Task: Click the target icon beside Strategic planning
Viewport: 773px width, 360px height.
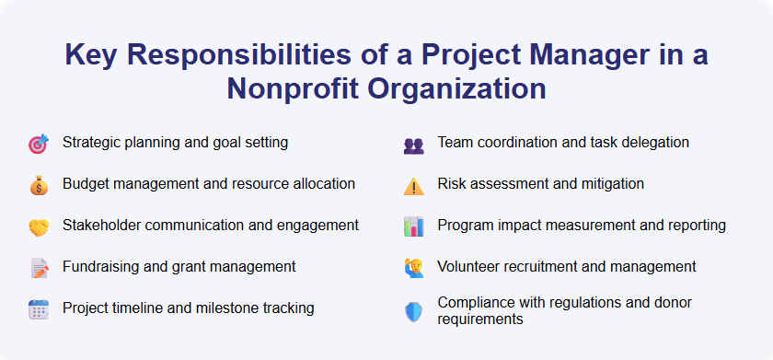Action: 38,144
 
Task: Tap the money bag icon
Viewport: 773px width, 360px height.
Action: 38,185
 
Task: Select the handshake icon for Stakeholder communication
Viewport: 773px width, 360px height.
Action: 38,226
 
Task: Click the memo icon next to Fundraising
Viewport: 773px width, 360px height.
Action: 38,268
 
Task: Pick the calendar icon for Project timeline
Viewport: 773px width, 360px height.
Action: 38,309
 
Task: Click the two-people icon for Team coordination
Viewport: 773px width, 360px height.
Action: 413,145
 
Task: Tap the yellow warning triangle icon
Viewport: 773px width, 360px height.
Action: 413,185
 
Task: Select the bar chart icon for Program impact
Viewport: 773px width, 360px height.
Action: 413,226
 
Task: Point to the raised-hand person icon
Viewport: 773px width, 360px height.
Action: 413,268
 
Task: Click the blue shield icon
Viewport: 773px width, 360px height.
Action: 413,311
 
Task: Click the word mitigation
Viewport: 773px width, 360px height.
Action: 608,183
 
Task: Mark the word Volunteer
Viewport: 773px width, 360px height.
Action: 469,266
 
